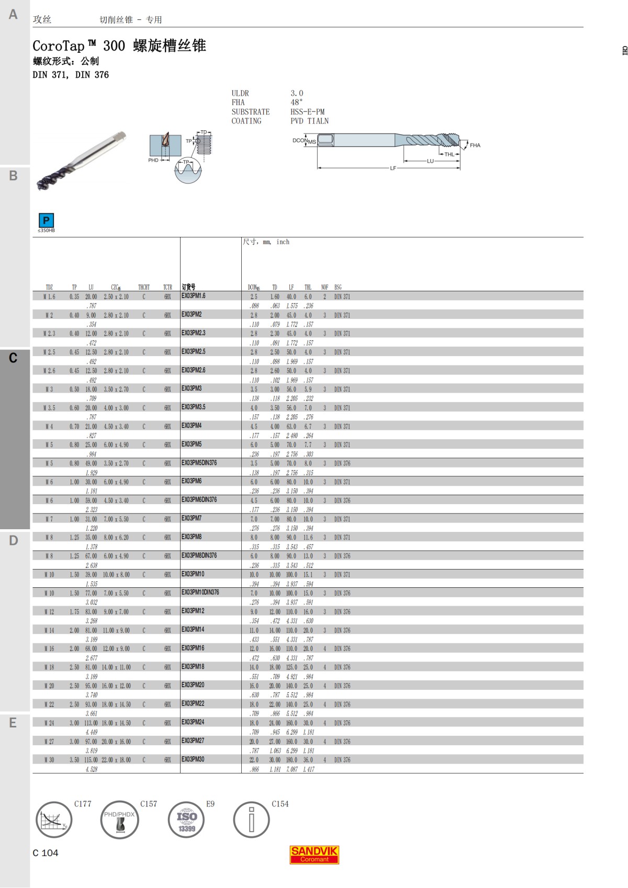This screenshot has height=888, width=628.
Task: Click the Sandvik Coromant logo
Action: (315, 855)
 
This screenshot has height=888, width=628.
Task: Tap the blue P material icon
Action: (46, 220)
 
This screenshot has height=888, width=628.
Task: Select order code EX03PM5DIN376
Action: (199, 463)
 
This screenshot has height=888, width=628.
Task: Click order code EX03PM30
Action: (193, 759)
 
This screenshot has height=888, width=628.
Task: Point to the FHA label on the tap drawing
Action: (475, 145)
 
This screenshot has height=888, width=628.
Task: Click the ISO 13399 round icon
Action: (186, 819)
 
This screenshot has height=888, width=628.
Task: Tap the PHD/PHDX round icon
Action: (119, 819)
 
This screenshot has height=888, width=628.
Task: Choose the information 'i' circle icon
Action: (251, 819)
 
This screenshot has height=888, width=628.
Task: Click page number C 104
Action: (46, 853)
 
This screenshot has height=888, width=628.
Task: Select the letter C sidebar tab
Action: (14, 358)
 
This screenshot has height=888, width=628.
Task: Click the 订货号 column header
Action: (188, 287)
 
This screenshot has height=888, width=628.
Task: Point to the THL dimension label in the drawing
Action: (450, 154)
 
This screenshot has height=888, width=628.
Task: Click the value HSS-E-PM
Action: (307, 112)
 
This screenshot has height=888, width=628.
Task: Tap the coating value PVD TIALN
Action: (309, 121)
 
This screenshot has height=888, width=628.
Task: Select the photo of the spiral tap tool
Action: (81, 160)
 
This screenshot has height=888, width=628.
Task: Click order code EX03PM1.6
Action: (194, 296)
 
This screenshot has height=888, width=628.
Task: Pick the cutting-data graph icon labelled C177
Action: (53, 819)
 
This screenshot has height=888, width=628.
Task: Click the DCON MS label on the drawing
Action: (304, 141)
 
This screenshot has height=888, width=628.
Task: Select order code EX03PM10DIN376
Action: (200, 593)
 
